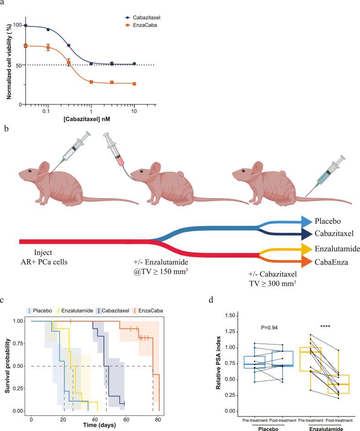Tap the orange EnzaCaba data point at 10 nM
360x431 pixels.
point(134,84)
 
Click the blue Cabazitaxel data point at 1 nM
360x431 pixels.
point(91,64)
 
